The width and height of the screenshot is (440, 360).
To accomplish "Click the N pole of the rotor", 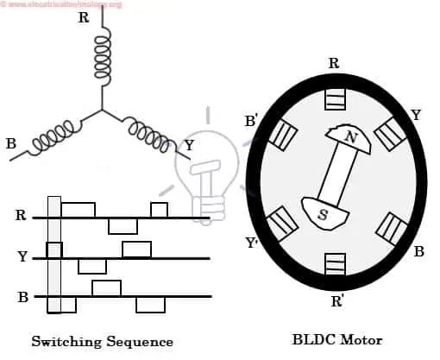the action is tap(349, 139).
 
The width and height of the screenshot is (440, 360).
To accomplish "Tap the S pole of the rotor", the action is tap(325, 213).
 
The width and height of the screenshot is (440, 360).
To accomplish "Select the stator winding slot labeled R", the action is tap(335, 99).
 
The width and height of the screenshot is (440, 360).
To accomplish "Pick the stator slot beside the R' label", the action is tap(335, 264).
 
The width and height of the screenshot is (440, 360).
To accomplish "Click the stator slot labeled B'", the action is tap(283, 136).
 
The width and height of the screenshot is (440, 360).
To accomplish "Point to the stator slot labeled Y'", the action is tap(282, 224).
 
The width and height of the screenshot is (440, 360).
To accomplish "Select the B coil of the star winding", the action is tap(53, 136).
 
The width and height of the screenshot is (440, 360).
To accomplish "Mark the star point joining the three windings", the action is tap(102, 110).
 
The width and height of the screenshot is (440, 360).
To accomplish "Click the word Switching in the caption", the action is tap(66, 342).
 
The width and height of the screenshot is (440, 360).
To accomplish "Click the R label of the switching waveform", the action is tap(21, 215).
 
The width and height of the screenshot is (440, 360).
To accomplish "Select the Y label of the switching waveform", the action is tap(22, 256).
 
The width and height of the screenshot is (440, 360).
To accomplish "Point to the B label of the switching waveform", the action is tap(23, 297).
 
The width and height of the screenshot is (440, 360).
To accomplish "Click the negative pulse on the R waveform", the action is tap(123, 226).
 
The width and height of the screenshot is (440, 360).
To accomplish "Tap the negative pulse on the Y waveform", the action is tap(92, 266).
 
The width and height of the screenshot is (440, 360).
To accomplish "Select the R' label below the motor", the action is tap(336, 301).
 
